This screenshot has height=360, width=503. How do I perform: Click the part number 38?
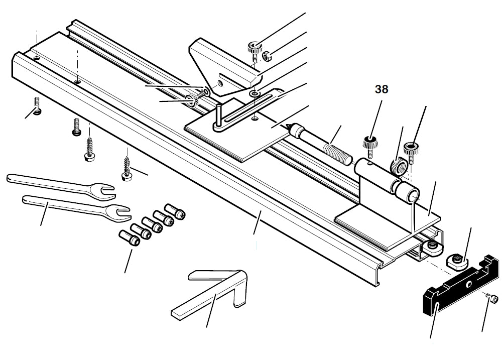(382, 90)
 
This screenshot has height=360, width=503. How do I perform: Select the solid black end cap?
(452, 291)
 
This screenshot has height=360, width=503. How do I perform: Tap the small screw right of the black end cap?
(494, 299)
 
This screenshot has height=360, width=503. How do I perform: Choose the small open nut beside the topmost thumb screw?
(268, 55)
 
